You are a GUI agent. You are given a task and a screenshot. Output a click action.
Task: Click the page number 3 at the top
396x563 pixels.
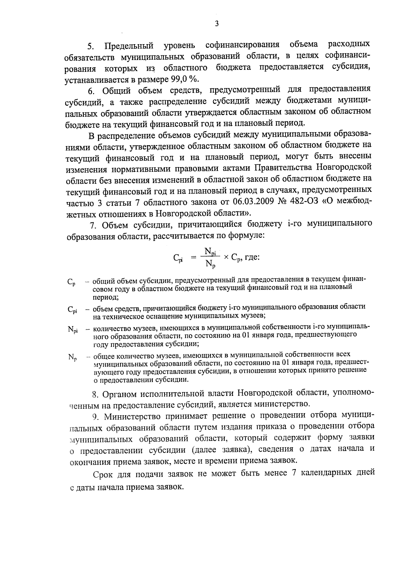(216, 23)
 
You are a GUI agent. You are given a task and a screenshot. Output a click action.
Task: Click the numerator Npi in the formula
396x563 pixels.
(210, 252)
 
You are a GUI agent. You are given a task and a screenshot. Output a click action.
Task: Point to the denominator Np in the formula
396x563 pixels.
(210, 264)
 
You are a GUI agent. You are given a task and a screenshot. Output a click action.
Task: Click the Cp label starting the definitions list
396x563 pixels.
(72, 282)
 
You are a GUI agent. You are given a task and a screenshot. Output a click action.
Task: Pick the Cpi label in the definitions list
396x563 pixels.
(73, 310)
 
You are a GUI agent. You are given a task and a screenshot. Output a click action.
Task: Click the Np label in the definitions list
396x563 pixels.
(72, 357)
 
